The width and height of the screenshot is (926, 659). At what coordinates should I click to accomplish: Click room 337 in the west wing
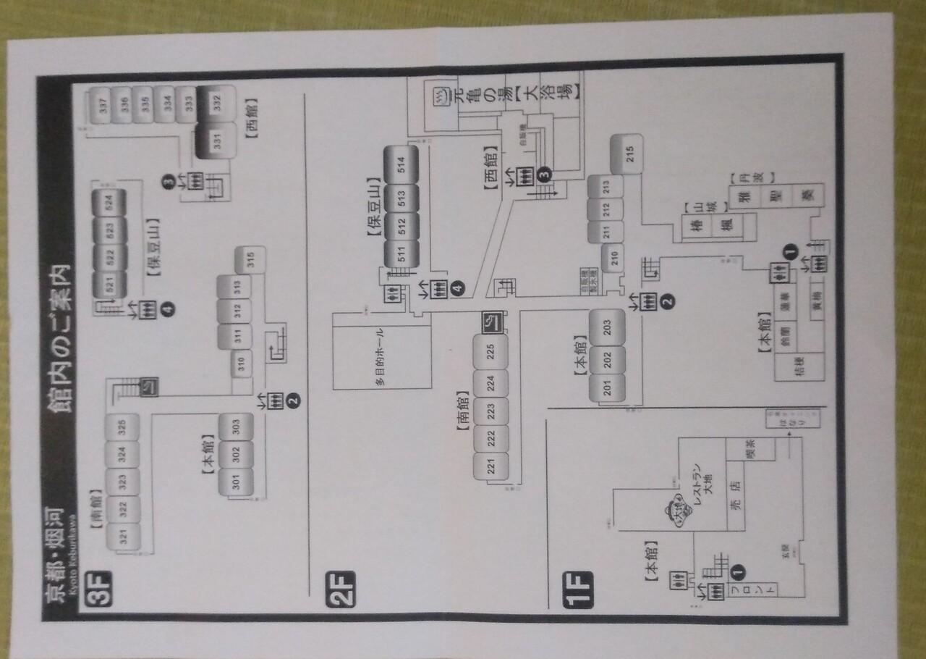pos(103,106)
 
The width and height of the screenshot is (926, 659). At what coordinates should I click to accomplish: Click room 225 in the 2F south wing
pos(490,352)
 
